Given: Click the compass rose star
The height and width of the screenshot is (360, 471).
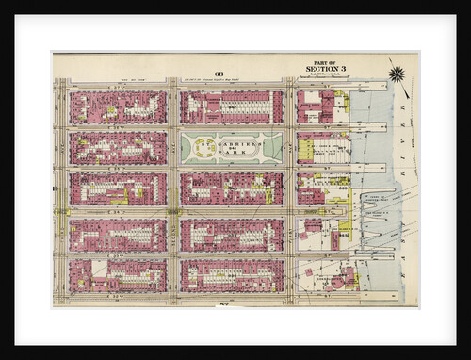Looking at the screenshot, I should pos(397,74).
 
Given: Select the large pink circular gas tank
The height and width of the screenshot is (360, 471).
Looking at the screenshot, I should pos(344,276).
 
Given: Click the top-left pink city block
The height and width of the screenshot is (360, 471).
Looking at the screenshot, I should pos(118,107).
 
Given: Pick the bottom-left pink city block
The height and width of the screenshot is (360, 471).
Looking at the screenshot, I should pos(118,275).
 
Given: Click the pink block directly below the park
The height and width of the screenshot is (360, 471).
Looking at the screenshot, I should pos(232,188).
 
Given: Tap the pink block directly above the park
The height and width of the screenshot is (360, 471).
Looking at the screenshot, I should pos(232,107).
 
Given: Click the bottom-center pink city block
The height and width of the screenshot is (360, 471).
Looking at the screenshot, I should pos(232,275).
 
